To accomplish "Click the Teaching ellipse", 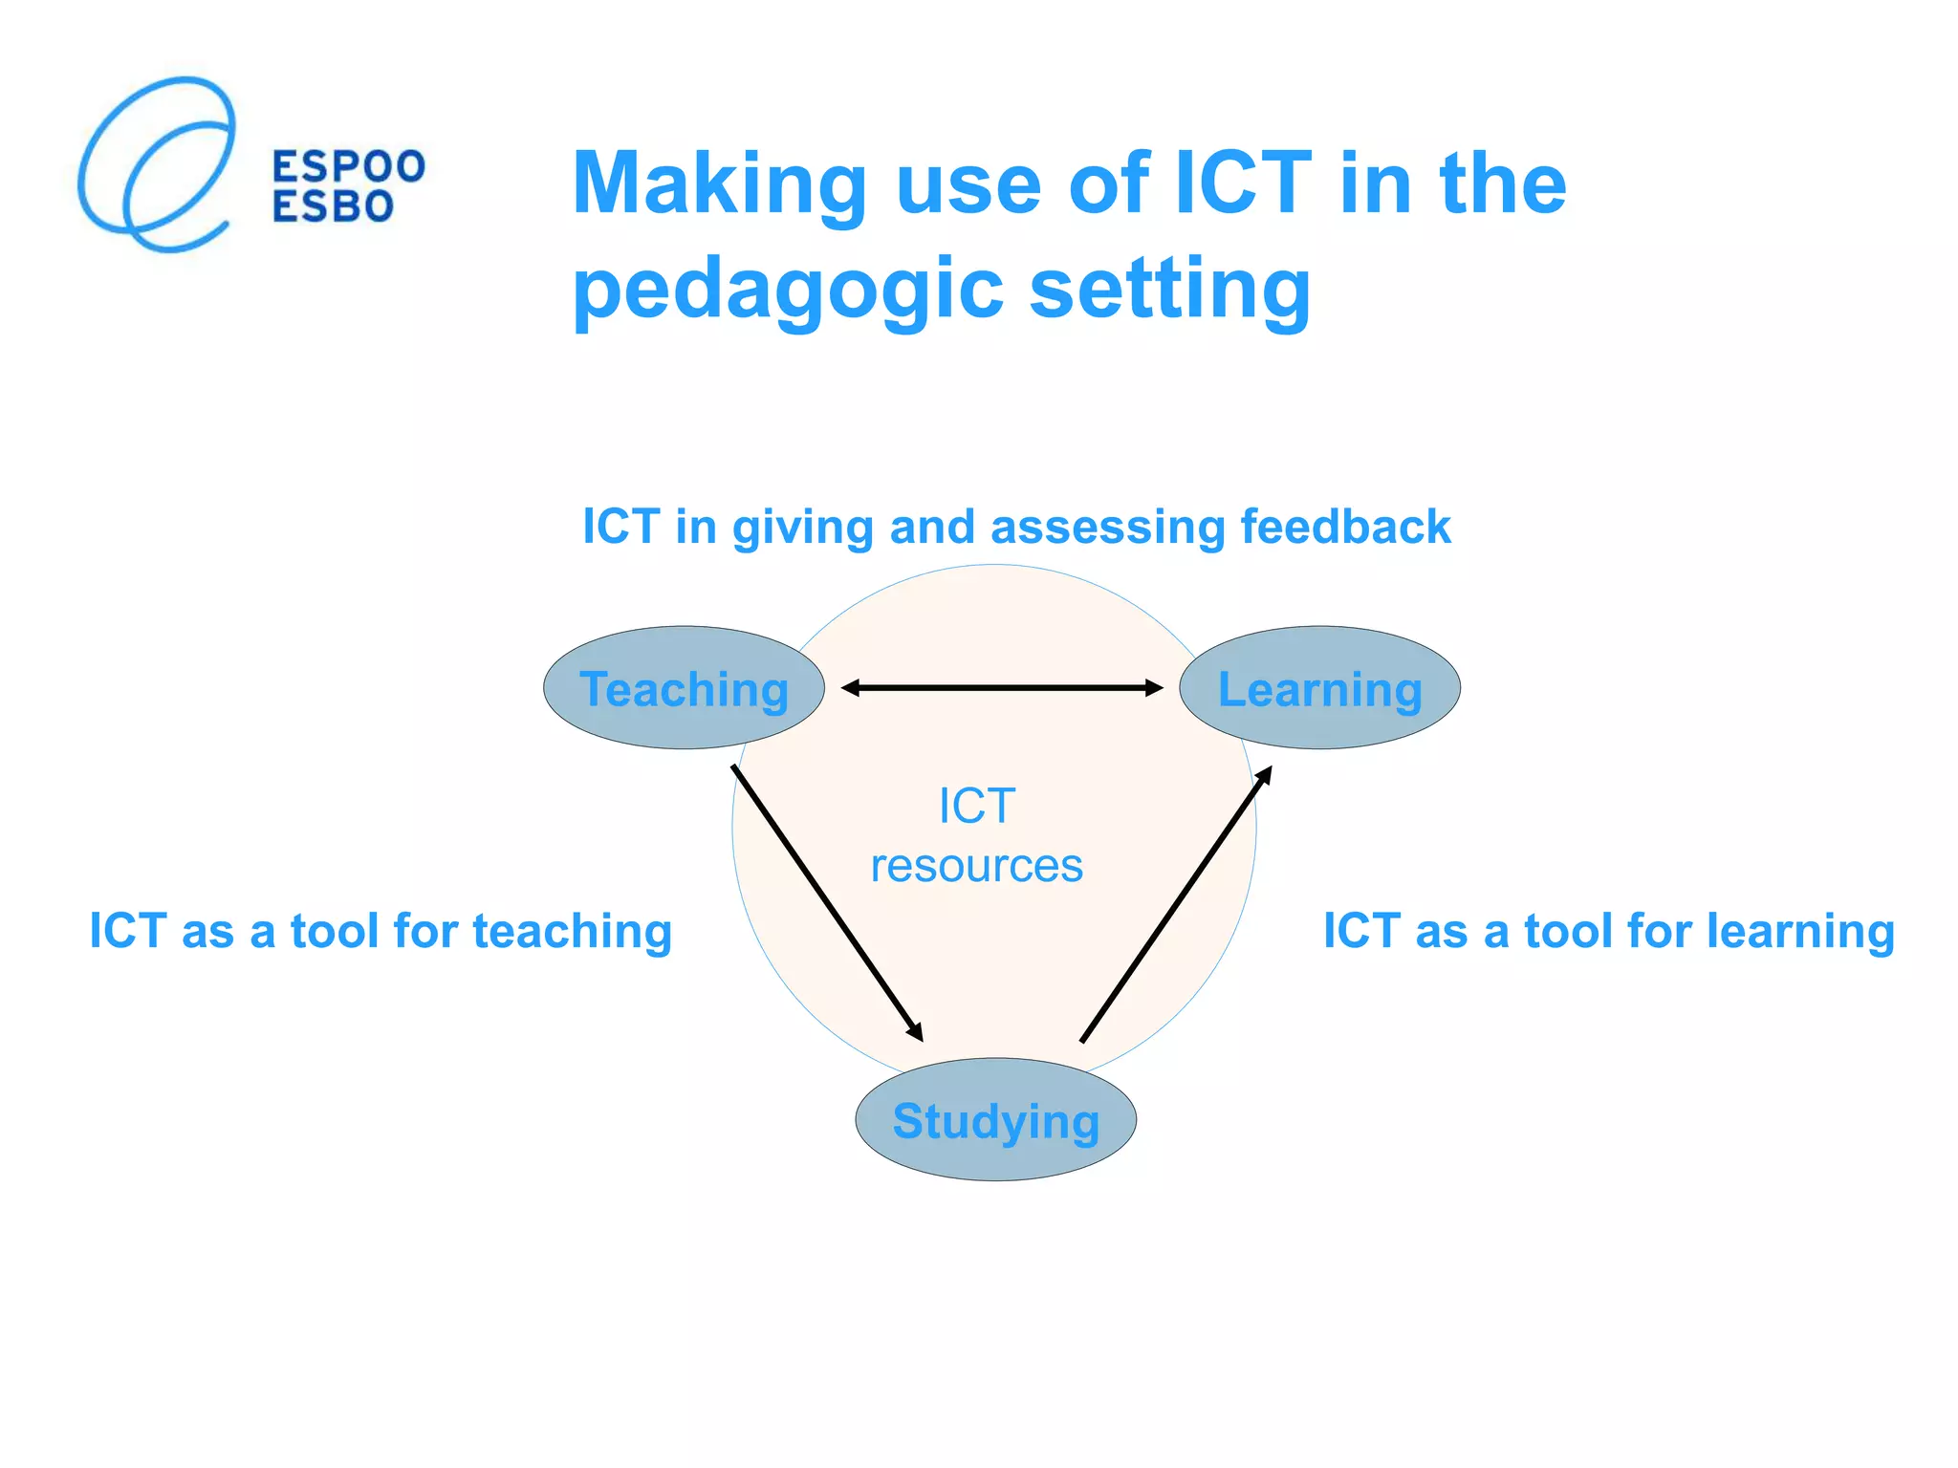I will click(x=684, y=688).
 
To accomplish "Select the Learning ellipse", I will click(x=1319, y=688).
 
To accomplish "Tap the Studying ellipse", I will click(x=995, y=1120).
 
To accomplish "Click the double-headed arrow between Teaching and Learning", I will click(x=1002, y=687).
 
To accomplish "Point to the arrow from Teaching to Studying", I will click(x=827, y=902).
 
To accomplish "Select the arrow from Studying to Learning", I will click(x=1176, y=903).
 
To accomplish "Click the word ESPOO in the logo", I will click(x=349, y=166).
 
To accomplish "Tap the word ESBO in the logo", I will click(x=333, y=206).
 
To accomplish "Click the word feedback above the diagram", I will click(x=1345, y=527).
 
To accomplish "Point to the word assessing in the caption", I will click(x=1107, y=527).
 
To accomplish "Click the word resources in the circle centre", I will click(x=976, y=866).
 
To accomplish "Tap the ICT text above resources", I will click(x=976, y=806).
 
